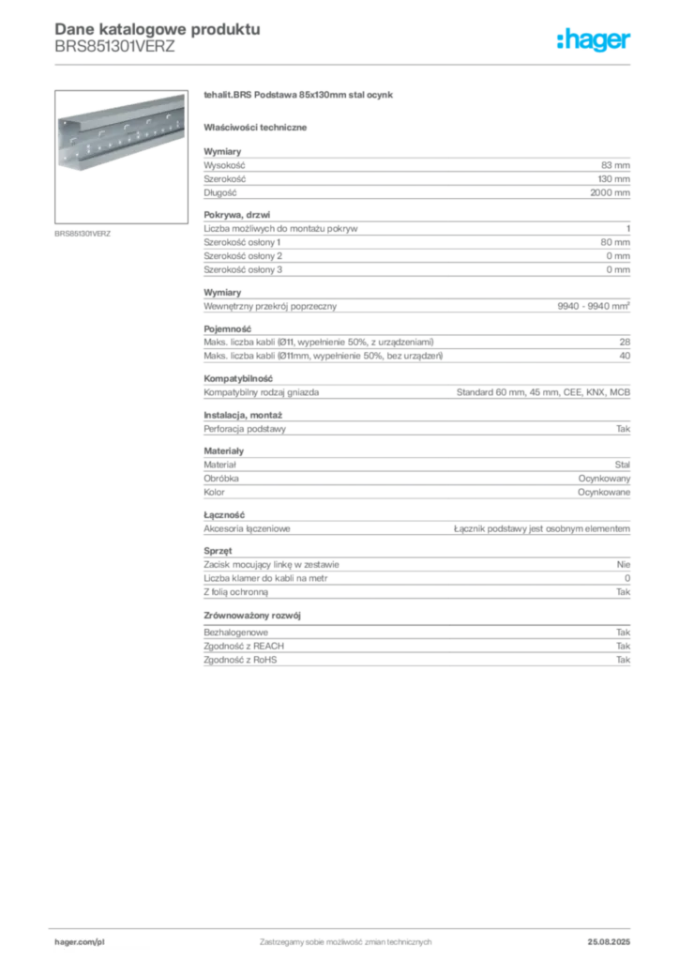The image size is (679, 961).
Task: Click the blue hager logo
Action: (596, 41)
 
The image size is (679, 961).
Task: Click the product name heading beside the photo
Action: (300, 97)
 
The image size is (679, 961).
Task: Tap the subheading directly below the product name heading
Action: (259, 127)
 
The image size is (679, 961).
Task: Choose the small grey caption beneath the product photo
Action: (83, 233)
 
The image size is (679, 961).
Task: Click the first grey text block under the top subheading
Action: (415, 174)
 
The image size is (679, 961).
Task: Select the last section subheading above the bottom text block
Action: (255, 616)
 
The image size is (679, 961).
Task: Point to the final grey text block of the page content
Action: (415, 648)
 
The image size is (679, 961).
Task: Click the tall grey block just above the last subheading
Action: (415, 576)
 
